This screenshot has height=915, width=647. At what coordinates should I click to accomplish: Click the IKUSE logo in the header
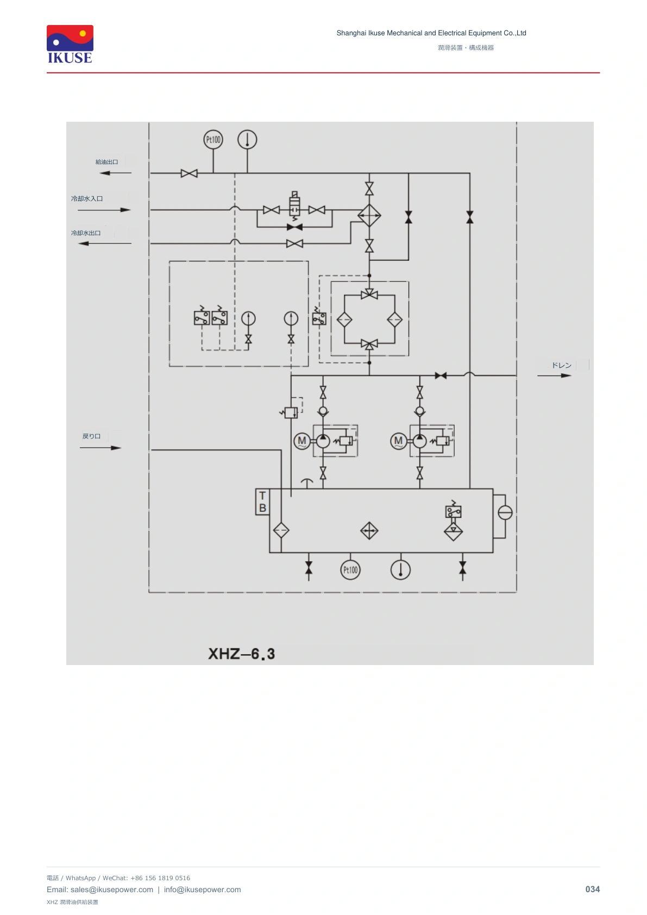70,45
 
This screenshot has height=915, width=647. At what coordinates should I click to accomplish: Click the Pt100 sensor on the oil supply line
213,140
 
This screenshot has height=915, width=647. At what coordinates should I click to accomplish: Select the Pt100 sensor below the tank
350,570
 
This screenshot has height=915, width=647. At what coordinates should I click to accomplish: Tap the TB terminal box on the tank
262,502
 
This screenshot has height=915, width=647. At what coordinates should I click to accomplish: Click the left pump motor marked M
302,441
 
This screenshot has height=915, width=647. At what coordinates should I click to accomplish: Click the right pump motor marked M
398,441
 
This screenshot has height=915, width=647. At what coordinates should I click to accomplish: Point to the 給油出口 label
106,162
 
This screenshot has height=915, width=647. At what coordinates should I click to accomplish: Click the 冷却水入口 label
87,198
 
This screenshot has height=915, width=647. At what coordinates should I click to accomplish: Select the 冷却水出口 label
86,233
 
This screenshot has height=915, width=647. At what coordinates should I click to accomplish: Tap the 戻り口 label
91,436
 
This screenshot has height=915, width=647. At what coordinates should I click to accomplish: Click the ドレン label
562,365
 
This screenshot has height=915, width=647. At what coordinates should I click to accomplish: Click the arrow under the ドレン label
554,375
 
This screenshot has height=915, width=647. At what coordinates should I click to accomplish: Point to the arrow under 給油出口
116,173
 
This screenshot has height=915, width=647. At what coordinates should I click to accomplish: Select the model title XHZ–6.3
241,654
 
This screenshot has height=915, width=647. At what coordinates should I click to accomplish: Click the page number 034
592,889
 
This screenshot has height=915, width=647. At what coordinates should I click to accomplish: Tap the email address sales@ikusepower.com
112,889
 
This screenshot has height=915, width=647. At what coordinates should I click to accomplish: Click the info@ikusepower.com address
203,889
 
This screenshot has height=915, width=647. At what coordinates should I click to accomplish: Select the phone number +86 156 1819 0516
160,878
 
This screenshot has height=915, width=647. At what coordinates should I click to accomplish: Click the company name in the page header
431,33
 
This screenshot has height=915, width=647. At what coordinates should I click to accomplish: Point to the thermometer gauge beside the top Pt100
247,140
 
